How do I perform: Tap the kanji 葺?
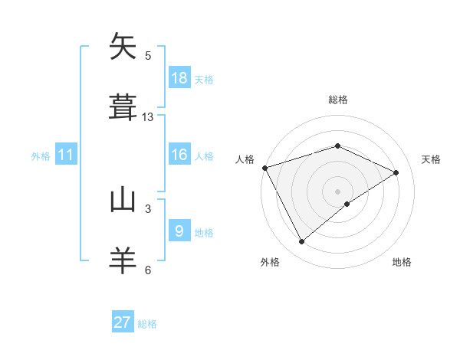pos(123,108)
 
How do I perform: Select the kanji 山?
pos(123,200)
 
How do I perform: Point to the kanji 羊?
pos(123,260)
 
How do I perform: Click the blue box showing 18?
pos(179,78)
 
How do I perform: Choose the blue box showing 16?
pos(179,155)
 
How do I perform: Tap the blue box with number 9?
pos(179,231)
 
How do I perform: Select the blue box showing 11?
pos(66,155)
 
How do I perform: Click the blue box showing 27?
pos(123,322)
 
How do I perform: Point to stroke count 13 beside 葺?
pos(148,117)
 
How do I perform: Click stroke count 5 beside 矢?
pos(148,55)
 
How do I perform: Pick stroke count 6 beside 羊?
pos(148,270)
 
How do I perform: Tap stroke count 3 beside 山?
pos(148,208)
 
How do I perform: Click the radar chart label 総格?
pos(338,100)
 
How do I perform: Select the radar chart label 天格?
pos(432,159)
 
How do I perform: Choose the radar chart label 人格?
pos(245,159)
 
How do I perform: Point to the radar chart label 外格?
pos(270,262)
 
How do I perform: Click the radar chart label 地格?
pos(402,262)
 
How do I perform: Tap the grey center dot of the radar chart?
pos(337,191)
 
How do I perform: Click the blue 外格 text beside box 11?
pos(41,156)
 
